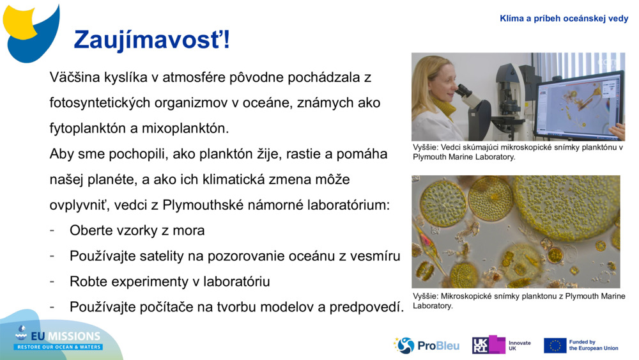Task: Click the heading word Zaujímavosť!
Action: click(x=151, y=40)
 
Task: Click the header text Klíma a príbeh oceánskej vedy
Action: click(x=564, y=19)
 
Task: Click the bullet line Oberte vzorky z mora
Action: click(x=137, y=230)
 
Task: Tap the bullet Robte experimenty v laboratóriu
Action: click(x=169, y=281)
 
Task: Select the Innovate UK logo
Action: click(x=502, y=345)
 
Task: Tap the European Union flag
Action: click(x=555, y=345)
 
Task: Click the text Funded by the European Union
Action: click(x=593, y=345)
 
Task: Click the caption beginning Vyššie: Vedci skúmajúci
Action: click(x=518, y=152)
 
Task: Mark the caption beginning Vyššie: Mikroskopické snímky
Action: click(x=518, y=301)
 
